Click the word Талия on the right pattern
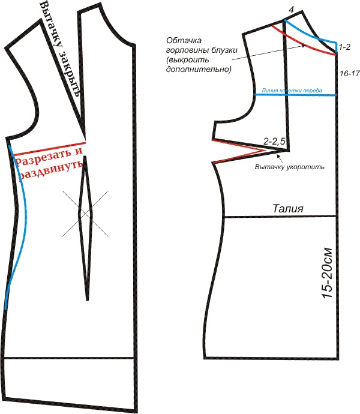[289, 209]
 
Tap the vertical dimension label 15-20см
[325, 275]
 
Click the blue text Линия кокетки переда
[291, 91]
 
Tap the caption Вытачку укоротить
[289, 166]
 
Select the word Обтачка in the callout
[182, 41]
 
